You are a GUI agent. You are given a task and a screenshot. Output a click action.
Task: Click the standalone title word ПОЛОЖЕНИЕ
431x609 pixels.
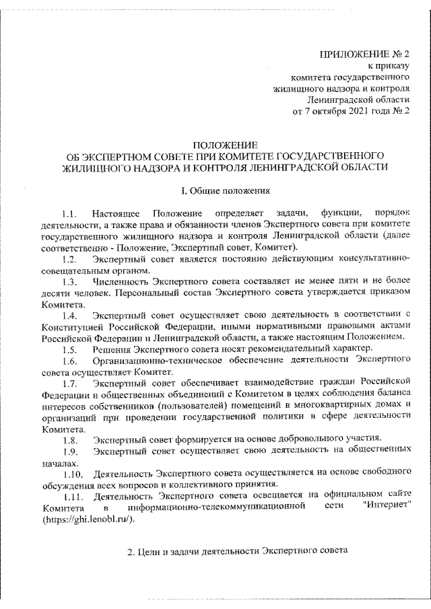(224, 144)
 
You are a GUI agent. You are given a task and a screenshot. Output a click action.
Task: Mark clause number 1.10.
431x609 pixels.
(71, 474)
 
